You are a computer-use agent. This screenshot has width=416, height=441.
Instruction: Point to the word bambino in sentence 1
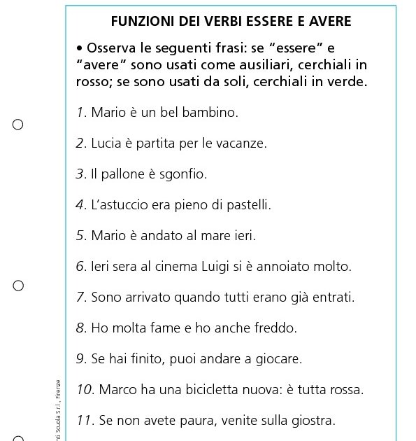[x=210, y=112]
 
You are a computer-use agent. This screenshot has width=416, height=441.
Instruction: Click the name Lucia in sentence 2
[x=106, y=143]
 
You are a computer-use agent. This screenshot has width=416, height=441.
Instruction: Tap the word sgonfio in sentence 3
[x=184, y=174]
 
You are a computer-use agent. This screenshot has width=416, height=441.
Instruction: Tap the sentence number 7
[x=80, y=297]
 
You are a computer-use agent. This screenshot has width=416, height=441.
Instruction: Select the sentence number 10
[x=84, y=390]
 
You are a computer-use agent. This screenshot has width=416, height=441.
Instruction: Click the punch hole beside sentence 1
[x=18, y=125]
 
